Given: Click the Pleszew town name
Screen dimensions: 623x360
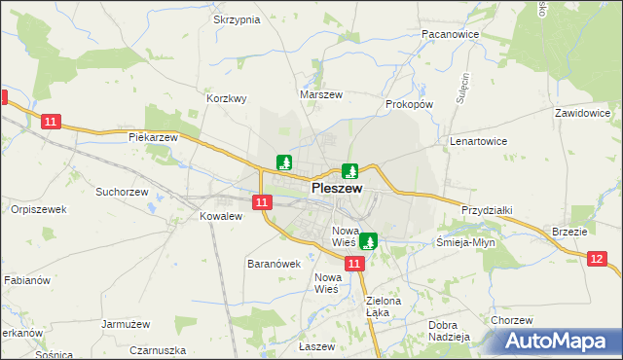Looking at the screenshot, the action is click(x=337, y=189).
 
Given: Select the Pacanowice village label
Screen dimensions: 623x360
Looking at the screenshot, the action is click(x=448, y=33).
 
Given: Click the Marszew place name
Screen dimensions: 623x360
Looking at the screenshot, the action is click(x=321, y=94).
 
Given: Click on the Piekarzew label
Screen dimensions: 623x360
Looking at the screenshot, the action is click(x=154, y=137).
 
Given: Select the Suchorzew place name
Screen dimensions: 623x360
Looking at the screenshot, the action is click(x=121, y=192).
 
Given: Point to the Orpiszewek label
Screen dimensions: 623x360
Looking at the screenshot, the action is click(x=38, y=209).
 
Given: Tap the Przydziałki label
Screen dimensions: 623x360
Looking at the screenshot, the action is click(x=487, y=209).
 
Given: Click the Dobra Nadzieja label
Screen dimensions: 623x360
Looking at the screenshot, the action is click(x=449, y=331).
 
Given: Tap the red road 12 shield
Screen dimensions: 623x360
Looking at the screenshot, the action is click(x=597, y=258).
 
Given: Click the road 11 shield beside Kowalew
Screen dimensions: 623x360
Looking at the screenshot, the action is click(x=261, y=202).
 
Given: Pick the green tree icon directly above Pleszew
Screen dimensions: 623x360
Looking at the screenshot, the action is click(x=349, y=170).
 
